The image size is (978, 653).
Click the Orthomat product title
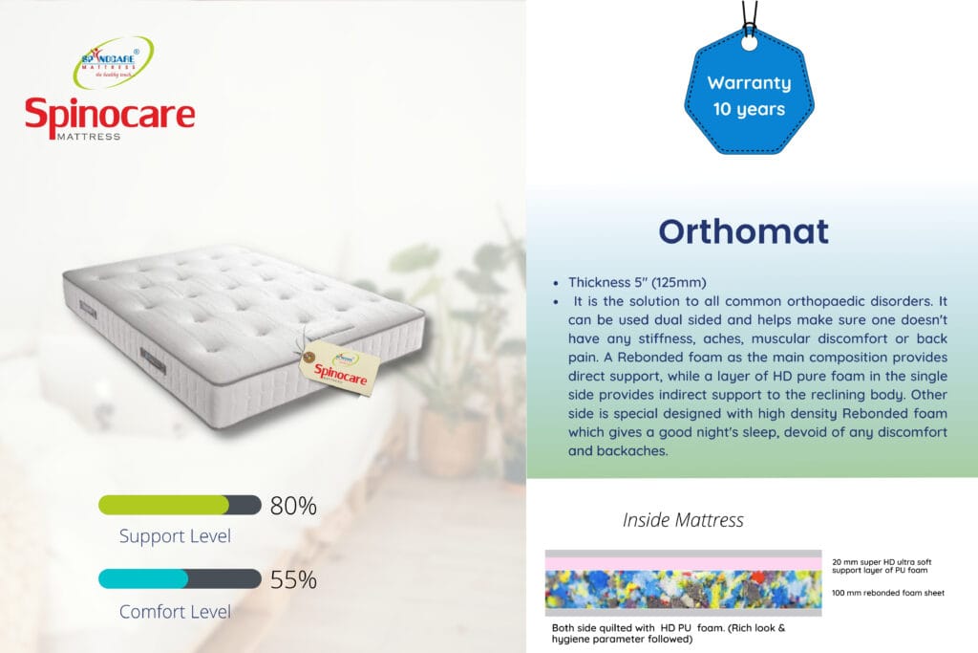coord(743,231)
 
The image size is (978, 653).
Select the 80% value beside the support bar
coord(293,506)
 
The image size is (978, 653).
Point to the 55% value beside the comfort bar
coord(293,580)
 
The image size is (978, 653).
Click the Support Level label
coord(175,536)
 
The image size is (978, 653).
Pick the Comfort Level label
coord(175,611)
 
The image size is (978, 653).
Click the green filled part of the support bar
coord(163,505)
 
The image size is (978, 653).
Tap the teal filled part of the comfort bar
coord(143,578)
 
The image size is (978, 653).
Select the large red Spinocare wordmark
coord(110,114)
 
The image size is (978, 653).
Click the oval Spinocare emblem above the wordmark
coord(114,62)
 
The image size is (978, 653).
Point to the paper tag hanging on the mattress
coord(339,368)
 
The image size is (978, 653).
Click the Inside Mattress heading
coord(683,520)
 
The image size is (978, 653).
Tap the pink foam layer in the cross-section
coord(683,564)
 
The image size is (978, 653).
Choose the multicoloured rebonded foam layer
coord(683,589)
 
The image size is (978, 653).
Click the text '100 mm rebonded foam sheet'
coord(888,593)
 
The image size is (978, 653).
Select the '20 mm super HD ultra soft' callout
coord(882,562)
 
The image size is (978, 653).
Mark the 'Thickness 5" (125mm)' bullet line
coord(637,282)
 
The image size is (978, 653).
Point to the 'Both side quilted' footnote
coord(669,633)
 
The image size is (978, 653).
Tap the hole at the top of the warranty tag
coord(749,43)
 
